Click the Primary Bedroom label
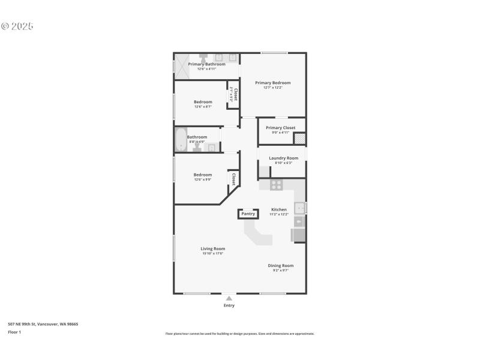pyautogui.click(x=272, y=83)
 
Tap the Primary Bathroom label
pyautogui.click(x=206, y=64)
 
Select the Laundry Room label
pyautogui.click(x=283, y=158)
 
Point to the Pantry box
pyautogui.click(x=248, y=214)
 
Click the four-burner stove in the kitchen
pyautogui.click(x=276, y=185)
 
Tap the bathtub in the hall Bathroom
pyautogui.click(x=180, y=140)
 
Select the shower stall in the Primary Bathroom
pyautogui.click(x=181, y=66)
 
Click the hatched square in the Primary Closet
pyautogui.click(x=299, y=139)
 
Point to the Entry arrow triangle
pyautogui.click(x=229, y=298)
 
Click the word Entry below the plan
pyautogui.click(x=229, y=305)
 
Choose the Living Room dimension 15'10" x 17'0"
pyautogui.click(x=212, y=254)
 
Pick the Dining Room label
pyautogui.click(x=280, y=265)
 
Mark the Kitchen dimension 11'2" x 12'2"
pyautogui.click(x=279, y=214)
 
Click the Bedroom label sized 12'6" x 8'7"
pyautogui.click(x=203, y=102)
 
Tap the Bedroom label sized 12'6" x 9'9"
pyautogui.click(x=203, y=175)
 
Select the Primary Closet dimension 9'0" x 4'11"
pyautogui.click(x=281, y=133)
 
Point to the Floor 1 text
pyautogui.click(x=14, y=332)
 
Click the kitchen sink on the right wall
pyautogui.click(x=300, y=208)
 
